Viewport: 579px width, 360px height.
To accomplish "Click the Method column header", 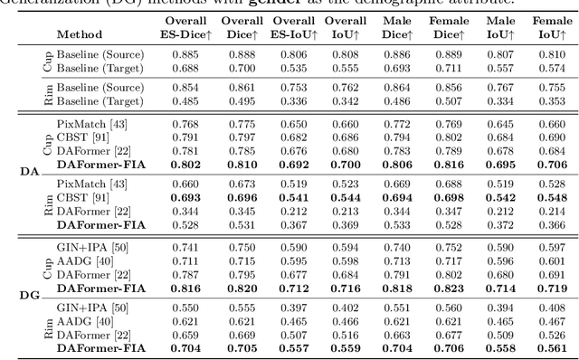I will click(x=79, y=35).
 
